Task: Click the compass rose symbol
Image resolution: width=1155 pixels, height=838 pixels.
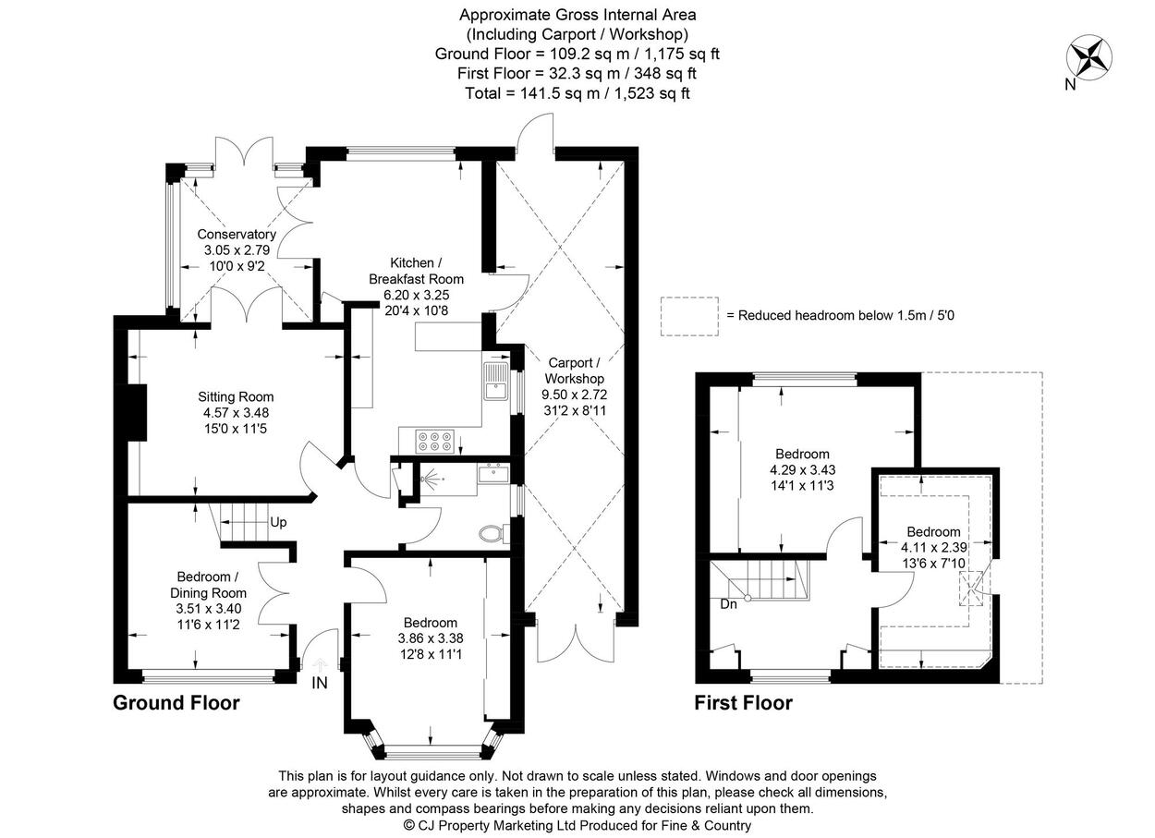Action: pyautogui.click(x=1089, y=58)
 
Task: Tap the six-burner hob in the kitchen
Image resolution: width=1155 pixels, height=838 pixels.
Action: pyautogui.click(x=434, y=442)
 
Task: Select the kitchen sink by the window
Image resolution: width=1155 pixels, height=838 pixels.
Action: pyautogui.click(x=496, y=381)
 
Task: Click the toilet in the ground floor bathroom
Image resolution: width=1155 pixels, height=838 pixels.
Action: pyautogui.click(x=493, y=534)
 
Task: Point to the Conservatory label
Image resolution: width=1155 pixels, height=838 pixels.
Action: pyautogui.click(x=237, y=234)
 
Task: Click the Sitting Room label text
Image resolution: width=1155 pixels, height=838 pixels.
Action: pyautogui.click(x=236, y=396)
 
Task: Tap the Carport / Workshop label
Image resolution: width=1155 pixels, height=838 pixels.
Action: pyautogui.click(x=574, y=370)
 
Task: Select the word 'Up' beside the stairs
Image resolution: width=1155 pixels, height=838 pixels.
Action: pyautogui.click(x=278, y=522)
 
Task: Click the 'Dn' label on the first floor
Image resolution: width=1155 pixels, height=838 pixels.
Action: pyautogui.click(x=729, y=604)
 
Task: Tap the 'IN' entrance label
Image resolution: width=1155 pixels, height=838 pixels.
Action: pyautogui.click(x=320, y=683)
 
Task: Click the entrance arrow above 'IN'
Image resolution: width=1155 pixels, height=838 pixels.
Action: pyautogui.click(x=320, y=664)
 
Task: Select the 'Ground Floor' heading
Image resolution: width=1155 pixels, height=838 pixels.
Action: pyautogui.click(x=176, y=703)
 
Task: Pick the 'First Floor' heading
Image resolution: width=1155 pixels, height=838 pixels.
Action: pyautogui.click(x=743, y=703)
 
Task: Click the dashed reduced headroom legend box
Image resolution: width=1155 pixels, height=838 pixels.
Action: pyautogui.click(x=689, y=317)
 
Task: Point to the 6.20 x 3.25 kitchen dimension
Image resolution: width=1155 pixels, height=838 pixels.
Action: pyautogui.click(x=416, y=295)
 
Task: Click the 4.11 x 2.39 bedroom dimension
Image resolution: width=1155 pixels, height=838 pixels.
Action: pyautogui.click(x=934, y=547)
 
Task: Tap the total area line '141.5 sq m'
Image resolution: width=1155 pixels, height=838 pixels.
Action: pyautogui.click(x=577, y=93)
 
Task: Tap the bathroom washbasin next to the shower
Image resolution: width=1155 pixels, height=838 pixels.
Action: pyautogui.click(x=492, y=473)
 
